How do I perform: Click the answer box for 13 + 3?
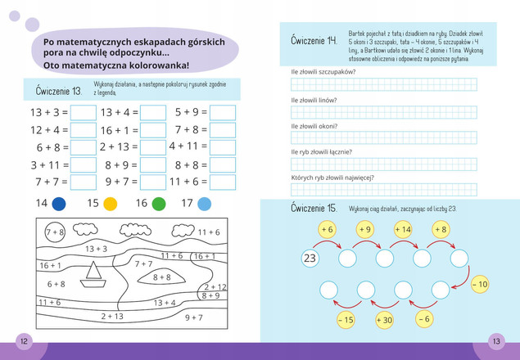(83, 112)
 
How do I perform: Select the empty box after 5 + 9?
(223, 112)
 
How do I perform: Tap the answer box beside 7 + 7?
(83, 182)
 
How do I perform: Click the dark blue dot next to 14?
(59, 204)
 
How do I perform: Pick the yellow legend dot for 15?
(110, 204)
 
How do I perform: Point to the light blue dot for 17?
(205, 204)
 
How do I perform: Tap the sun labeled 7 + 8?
(56, 232)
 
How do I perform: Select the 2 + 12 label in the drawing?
(215, 286)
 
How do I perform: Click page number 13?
(496, 340)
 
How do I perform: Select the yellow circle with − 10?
(479, 284)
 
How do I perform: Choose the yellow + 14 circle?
(402, 230)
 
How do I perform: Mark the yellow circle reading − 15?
(345, 320)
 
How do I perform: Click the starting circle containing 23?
(310, 259)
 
